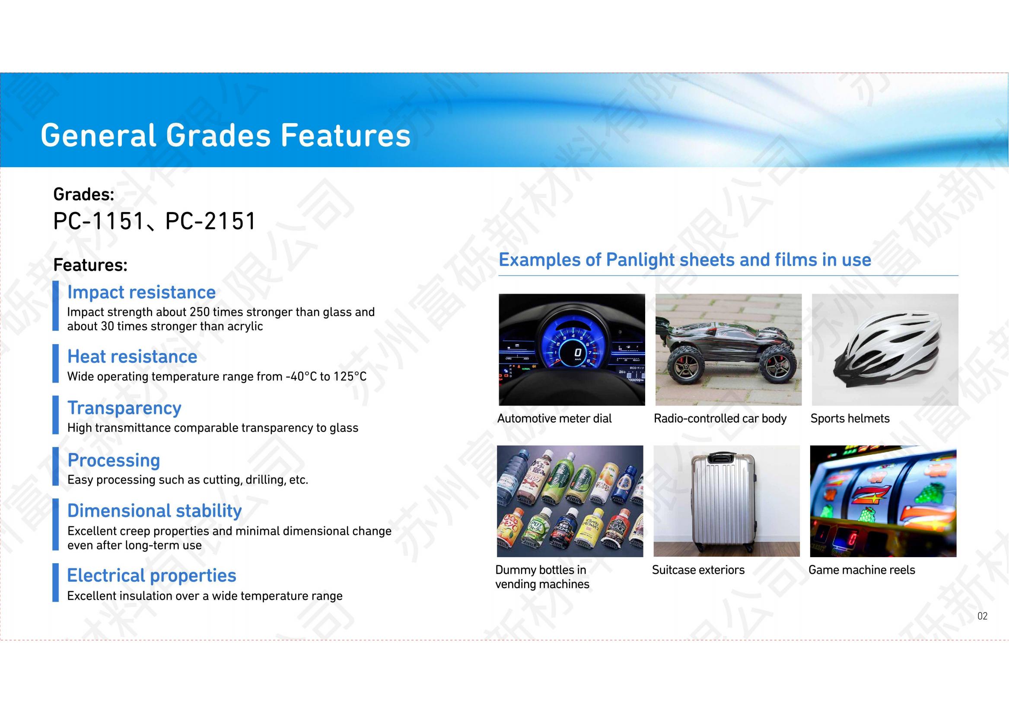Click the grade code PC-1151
99,221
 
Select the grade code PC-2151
210,221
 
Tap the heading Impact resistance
141,292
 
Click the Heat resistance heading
132,356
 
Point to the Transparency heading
124,408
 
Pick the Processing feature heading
114,460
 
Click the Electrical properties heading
152,575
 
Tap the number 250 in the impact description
200,312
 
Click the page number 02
982,616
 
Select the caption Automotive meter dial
554,418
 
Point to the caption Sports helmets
850,418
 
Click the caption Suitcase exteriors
698,570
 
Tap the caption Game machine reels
862,570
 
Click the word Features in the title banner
345,135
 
